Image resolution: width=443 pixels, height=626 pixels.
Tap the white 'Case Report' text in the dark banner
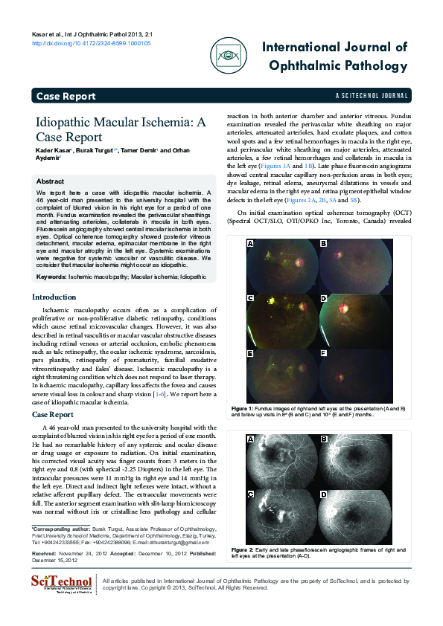pyautogui.click(x=66, y=96)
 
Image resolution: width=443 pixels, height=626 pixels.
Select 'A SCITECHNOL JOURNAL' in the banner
pyautogui.click(x=372, y=97)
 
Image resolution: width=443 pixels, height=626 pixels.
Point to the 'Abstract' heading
pyautogui.click(x=51, y=181)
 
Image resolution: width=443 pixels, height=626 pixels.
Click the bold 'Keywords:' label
pyautogui.click(x=51, y=277)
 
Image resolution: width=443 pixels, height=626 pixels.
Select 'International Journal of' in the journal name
pyautogui.click(x=334, y=48)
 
